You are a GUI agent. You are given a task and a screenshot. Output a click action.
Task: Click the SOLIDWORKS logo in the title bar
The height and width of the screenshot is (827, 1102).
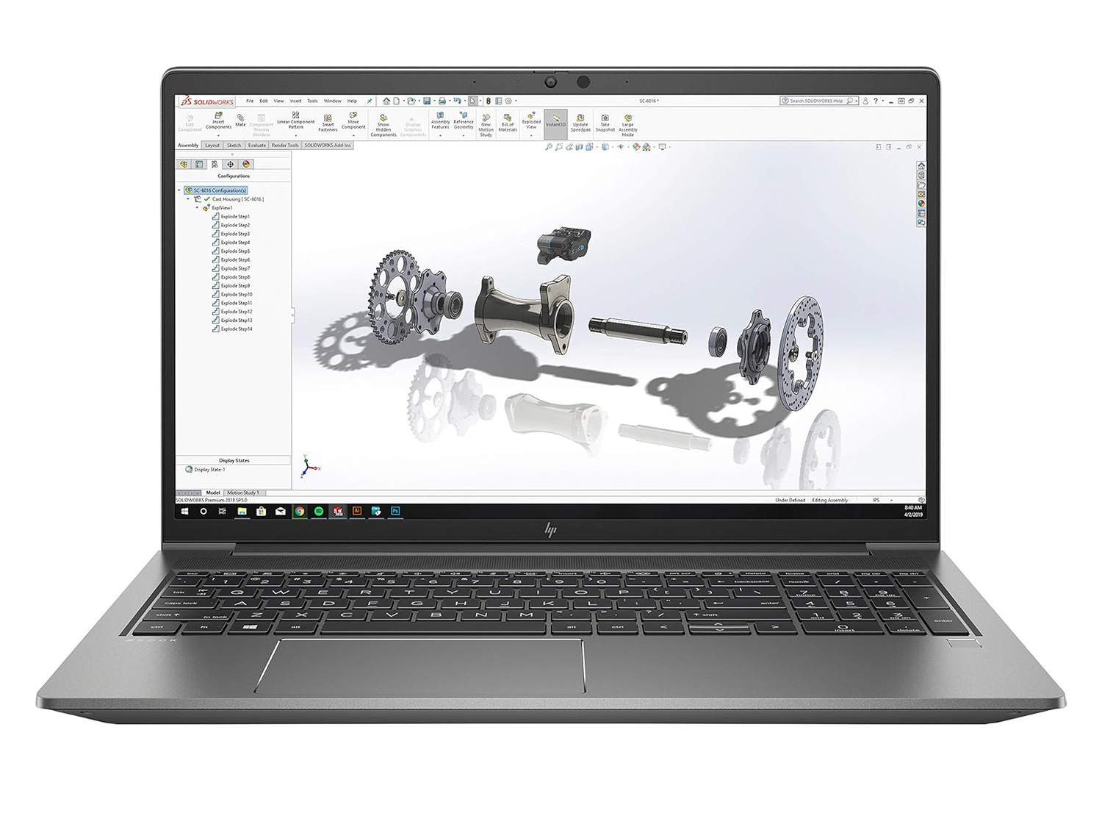tap(197, 101)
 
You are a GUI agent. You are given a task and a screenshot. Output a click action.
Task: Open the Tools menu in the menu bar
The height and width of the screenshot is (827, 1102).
tap(312, 101)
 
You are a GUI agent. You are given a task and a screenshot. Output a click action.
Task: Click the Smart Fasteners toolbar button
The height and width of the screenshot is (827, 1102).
tap(328, 122)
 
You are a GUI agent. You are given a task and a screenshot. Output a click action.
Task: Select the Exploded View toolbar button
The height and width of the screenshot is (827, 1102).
tap(531, 121)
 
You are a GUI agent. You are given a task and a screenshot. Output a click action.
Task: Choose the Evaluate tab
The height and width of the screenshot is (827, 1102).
tap(256, 146)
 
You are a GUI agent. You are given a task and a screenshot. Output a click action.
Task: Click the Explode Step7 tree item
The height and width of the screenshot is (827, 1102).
tap(235, 268)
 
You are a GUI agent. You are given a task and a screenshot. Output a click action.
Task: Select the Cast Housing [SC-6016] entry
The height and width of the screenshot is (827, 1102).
tap(237, 199)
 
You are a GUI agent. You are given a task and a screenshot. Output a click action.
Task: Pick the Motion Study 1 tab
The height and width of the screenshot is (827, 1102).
tap(242, 493)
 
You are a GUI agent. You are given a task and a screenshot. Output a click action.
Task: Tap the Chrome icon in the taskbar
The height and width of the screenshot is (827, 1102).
tap(300, 511)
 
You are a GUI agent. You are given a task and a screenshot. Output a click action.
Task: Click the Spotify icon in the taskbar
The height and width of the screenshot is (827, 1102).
tap(319, 511)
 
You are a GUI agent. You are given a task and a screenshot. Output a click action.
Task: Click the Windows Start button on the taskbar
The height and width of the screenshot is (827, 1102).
tap(184, 511)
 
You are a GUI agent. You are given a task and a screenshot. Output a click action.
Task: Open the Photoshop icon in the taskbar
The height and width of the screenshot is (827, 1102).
tap(395, 511)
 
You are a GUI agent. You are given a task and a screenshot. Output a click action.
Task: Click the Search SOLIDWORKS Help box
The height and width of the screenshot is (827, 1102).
tap(815, 101)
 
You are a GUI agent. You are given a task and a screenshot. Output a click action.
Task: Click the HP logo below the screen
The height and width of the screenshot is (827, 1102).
tap(550, 530)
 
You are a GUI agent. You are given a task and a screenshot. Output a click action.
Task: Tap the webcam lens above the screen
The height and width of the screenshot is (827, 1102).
tap(550, 82)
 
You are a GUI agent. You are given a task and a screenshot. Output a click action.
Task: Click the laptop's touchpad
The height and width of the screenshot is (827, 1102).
tap(419, 665)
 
